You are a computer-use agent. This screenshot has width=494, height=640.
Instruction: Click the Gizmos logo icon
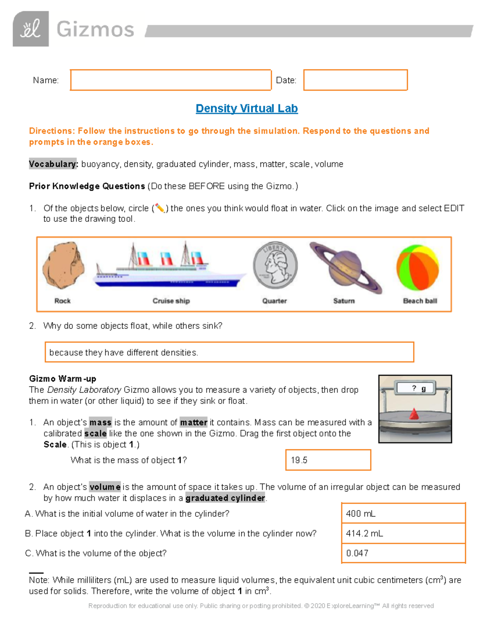click(x=31, y=29)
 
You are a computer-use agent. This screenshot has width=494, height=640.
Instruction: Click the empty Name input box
click(x=170, y=80)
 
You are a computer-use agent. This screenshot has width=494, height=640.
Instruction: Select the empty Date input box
click(x=355, y=80)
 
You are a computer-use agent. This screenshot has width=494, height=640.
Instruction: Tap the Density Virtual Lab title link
click(x=247, y=108)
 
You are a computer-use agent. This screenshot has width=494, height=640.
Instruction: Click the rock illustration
click(x=63, y=266)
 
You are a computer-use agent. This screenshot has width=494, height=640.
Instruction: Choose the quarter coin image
click(x=275, y=265)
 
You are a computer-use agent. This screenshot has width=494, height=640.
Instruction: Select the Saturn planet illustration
click(x=345, y=267)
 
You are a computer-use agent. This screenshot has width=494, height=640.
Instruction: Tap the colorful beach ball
click(x=417, y=267)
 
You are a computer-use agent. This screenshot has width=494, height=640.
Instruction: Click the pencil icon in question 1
click(x=160, y=209)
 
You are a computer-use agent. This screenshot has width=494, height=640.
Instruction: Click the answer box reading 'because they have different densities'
click(x=229, y=352)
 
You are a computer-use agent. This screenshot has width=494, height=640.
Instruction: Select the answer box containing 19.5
click(x=328, y=460)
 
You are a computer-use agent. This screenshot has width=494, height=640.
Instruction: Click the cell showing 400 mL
click(x=403, y=513)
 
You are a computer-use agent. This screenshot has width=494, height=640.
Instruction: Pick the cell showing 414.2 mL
click(x=403, y=533)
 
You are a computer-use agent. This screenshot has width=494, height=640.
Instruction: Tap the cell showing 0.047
click(x=403, y=553)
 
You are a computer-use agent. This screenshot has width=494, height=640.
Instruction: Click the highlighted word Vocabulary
click(x=53, y=164)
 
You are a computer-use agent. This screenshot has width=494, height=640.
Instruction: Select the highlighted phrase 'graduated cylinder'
click(x=225, y=498)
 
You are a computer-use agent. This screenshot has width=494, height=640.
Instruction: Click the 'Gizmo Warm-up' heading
click(x=63, y=379)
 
